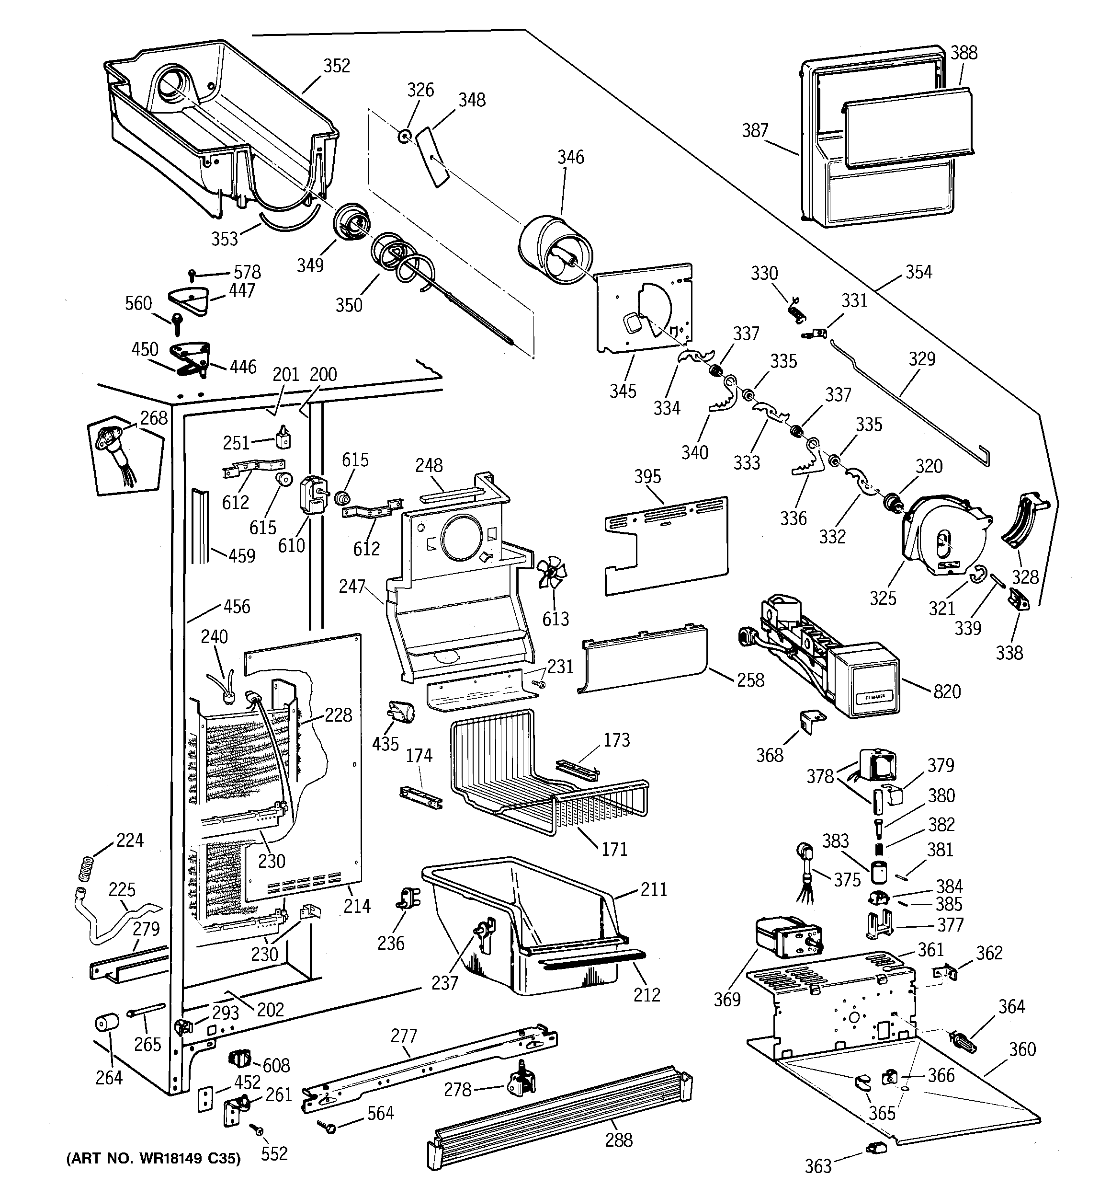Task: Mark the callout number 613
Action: point(555,619)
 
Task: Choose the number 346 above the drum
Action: point(570,157)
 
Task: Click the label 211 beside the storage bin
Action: point(654,889)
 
